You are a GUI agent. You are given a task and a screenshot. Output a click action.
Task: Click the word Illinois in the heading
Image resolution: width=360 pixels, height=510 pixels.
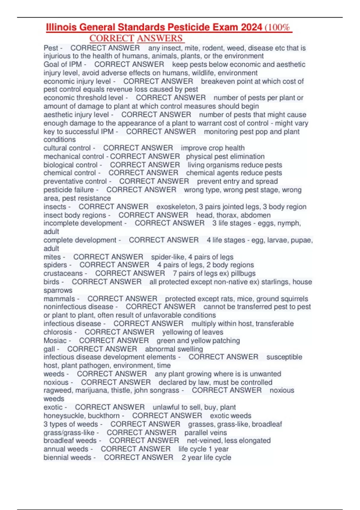click(61, 27)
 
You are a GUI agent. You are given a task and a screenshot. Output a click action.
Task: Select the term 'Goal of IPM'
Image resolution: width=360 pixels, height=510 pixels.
click(62, 64)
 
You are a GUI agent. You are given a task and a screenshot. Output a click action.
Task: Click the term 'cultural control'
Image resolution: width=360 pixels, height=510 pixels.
click(67, 148)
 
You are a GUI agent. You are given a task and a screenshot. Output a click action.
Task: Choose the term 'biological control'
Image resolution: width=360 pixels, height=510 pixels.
click(70, 165)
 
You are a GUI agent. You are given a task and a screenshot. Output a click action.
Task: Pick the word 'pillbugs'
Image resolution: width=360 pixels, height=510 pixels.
click(243, 273)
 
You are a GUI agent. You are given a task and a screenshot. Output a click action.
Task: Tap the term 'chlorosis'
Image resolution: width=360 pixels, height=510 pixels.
click(58, 332)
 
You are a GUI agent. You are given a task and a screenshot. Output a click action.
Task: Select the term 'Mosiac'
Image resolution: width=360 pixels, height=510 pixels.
click(55, 340)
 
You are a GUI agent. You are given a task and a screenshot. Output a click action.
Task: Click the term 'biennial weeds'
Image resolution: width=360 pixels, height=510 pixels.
click(67, 457)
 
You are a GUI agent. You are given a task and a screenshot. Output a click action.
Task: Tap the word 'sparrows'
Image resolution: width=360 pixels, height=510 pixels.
click(58, 290)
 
